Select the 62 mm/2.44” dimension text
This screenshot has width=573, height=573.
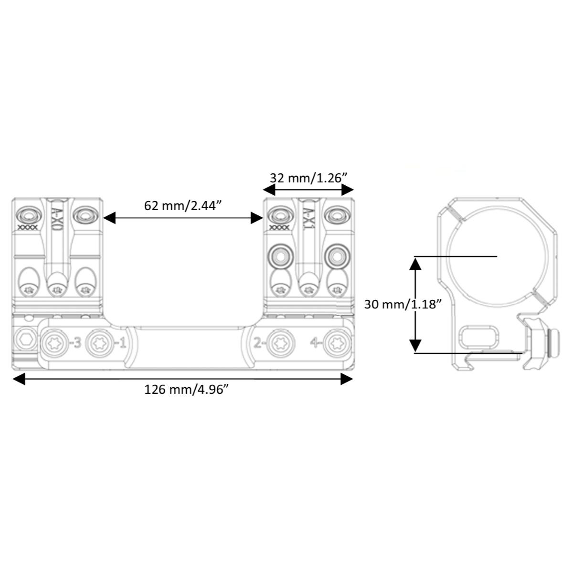183,206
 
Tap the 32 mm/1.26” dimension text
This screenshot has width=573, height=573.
308,178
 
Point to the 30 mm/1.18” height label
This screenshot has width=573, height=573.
403,305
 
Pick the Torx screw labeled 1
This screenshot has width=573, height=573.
99,344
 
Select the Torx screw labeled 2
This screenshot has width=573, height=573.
280,344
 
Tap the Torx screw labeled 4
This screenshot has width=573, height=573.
337,344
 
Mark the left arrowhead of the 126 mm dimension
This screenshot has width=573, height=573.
19,379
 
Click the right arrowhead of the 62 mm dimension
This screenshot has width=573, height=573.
257,218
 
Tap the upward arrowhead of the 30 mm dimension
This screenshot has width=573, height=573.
415,264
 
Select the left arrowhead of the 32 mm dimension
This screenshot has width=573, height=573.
269,190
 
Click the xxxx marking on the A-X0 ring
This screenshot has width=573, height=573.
28,227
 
